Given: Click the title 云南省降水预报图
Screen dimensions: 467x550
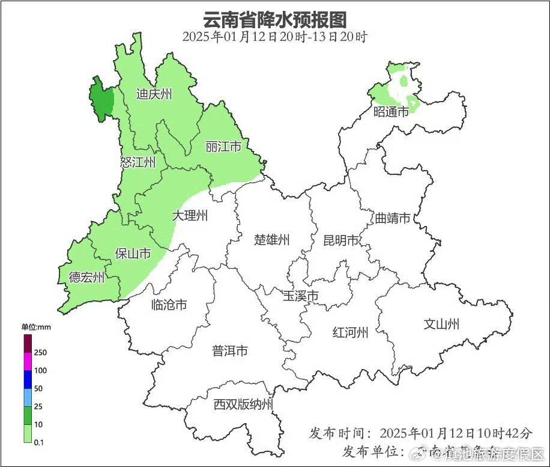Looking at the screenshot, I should click(x=275, y=19).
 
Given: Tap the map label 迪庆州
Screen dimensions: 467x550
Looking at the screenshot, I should click(x=154, y=94).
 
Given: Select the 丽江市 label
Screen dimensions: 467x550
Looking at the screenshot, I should click(x=223, y=147).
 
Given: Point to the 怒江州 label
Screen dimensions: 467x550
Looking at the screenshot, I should click(x=138, y=162).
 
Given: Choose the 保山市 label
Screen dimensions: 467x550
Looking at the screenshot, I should click(x=133, y=254).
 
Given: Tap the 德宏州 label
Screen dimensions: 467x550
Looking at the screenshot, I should click(x=86, y=277).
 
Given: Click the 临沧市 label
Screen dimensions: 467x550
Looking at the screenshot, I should click(x=169, y=305).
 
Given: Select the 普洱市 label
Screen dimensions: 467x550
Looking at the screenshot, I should click(x=230, y=351).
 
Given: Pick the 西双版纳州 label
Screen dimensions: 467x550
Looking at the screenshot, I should click(x=243, y=404).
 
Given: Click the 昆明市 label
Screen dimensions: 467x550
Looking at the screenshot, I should click(x=341, y=240).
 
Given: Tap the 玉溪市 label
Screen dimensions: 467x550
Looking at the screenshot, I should click(x=301, y=296).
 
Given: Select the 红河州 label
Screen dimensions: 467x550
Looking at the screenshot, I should click(x=351, y=332).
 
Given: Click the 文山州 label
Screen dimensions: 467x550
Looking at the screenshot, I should click(x=441, y=325).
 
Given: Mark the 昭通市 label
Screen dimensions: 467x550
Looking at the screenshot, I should click(x=391, y=112).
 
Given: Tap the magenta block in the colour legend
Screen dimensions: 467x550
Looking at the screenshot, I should click(x=28, y=362).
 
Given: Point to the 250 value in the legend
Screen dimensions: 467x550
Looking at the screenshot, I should click(x=41, y=352).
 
